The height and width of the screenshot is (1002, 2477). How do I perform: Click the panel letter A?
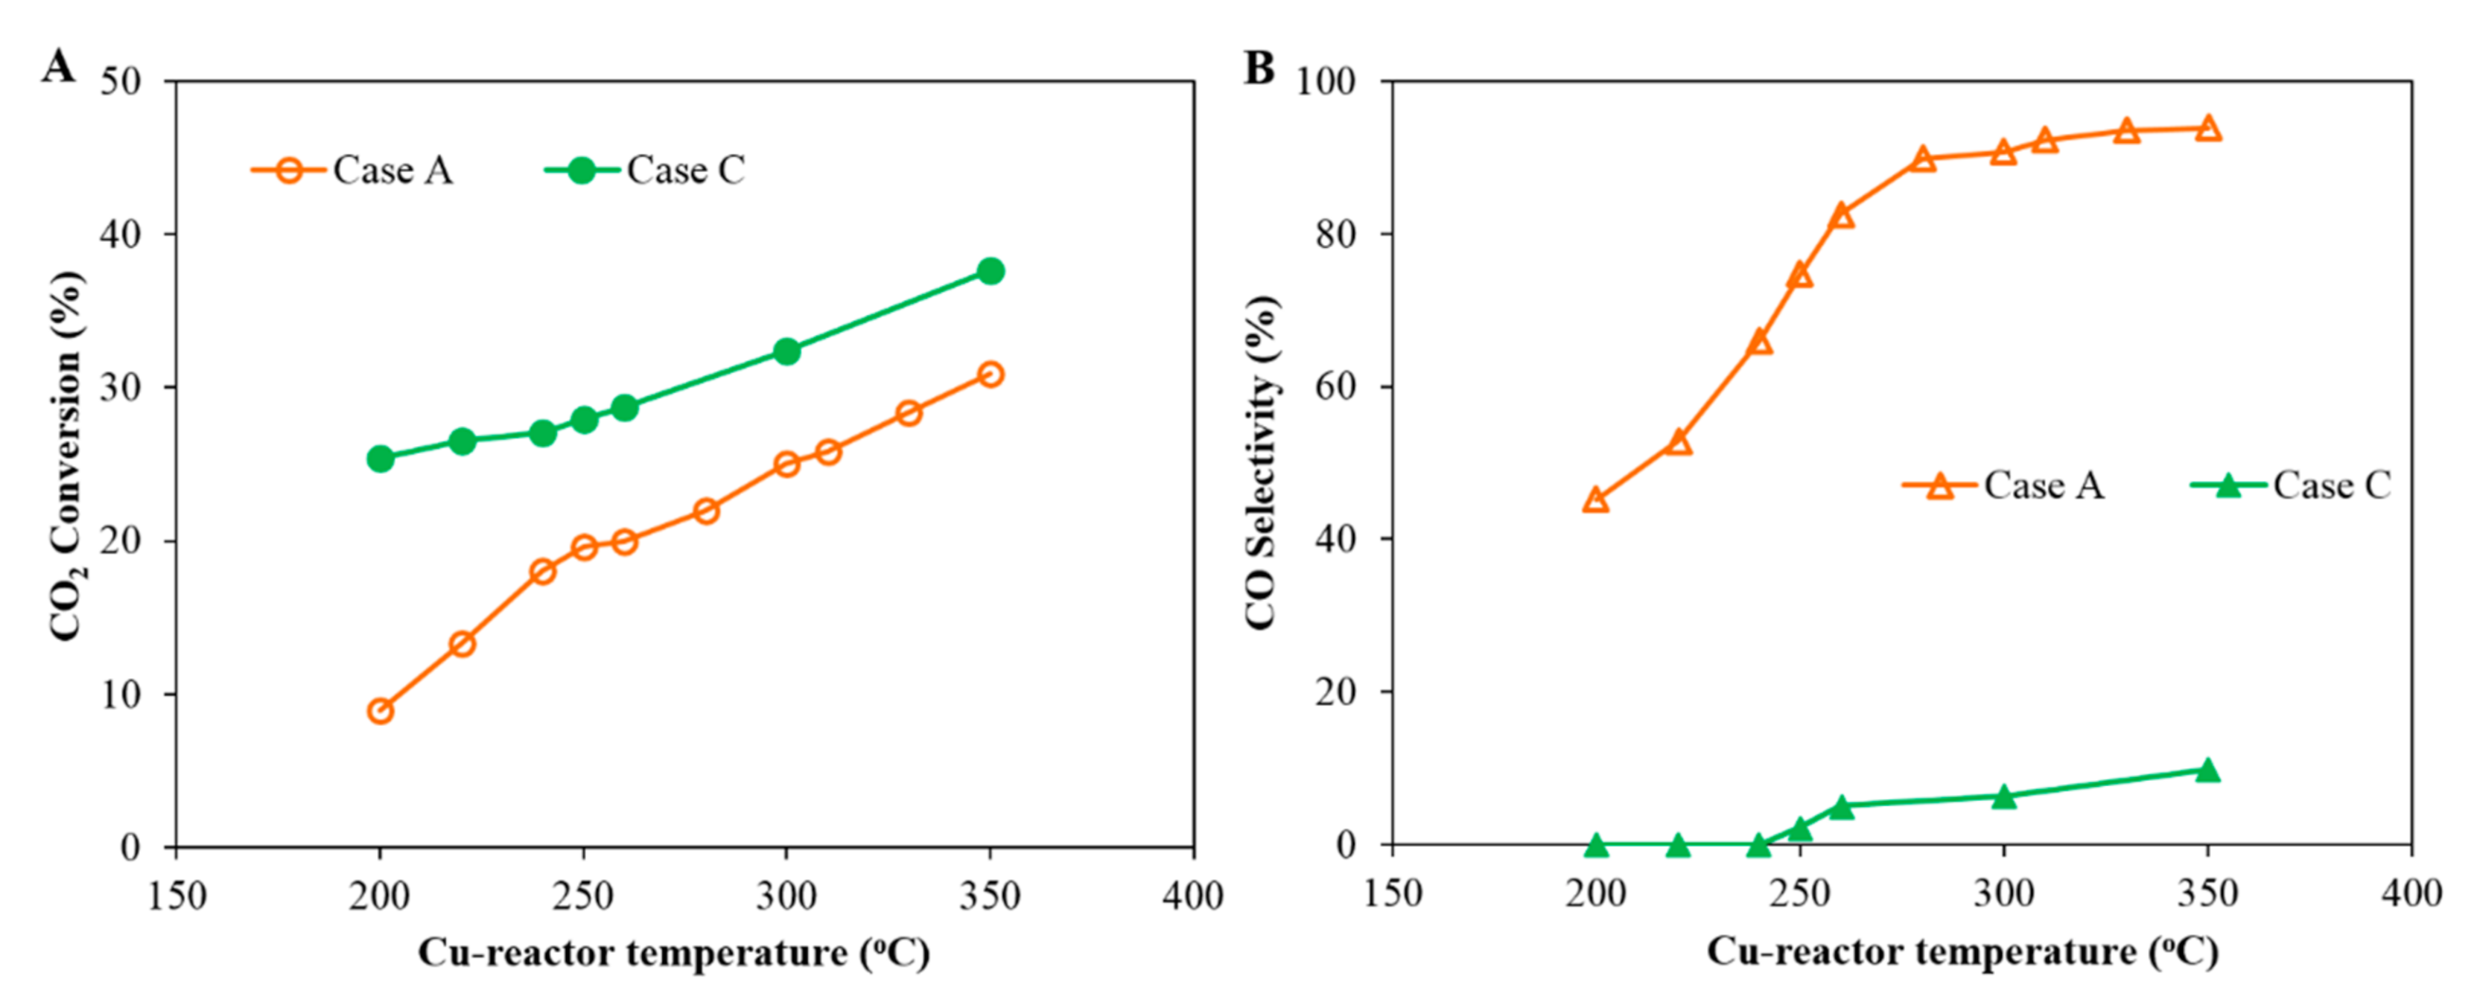[x=57, y=67]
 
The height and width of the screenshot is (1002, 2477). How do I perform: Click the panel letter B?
[x=1259, y=67]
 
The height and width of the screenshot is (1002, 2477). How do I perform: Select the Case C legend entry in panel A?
[x=645, y=170]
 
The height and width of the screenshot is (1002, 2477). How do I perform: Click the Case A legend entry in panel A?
[x=352, y=170]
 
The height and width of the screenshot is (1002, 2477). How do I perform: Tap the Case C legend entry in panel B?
[x=2291, y=485]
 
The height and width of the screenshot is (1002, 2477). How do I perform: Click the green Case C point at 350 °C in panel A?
[x=991, y=271]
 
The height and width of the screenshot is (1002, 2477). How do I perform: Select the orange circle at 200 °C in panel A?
[x=380, y=711]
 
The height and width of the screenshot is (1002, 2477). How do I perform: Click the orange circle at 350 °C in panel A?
[x=991, y=374]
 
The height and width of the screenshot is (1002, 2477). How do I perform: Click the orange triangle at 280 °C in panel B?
[x=1922, y=159]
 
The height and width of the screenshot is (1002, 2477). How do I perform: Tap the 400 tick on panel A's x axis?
[x=1192, y=896]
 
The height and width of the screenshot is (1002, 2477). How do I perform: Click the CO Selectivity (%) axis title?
[x=1261, y=462]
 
